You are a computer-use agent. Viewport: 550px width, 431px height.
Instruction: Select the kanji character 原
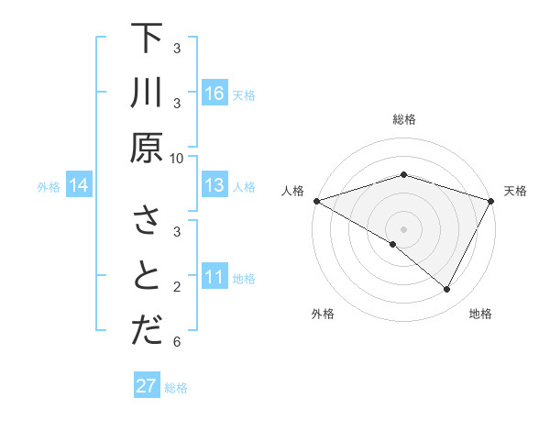(x=147, y=148)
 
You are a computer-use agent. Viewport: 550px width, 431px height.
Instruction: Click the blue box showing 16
(x=214, y=94)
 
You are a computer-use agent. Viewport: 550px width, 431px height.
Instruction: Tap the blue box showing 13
(x=214, y=186)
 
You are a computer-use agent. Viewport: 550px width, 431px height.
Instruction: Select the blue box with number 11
(x=214, y=277)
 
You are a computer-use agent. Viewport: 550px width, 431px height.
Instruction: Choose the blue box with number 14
(x=79, y=186)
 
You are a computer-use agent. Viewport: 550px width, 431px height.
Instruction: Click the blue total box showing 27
(x=147, y=386)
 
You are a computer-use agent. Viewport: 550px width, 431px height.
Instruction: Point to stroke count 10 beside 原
(x=177, y=158)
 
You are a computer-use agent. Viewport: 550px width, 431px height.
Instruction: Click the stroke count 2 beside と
(x=177, y=287)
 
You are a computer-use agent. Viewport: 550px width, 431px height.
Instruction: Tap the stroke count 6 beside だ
(x=177, y=342)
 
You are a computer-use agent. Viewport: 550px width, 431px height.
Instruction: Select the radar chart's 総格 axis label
(x=403, y=119)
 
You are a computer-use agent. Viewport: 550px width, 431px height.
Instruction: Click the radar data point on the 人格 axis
(x=316, y=201)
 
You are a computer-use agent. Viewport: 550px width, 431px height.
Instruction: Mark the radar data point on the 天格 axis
(x=491, y=201)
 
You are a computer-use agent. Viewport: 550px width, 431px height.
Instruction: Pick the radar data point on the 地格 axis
(x=447, y=290)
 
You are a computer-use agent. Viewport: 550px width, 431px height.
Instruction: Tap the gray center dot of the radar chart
(x=403, y=228)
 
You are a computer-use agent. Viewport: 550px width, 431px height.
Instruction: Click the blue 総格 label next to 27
(x=176, y=388)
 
